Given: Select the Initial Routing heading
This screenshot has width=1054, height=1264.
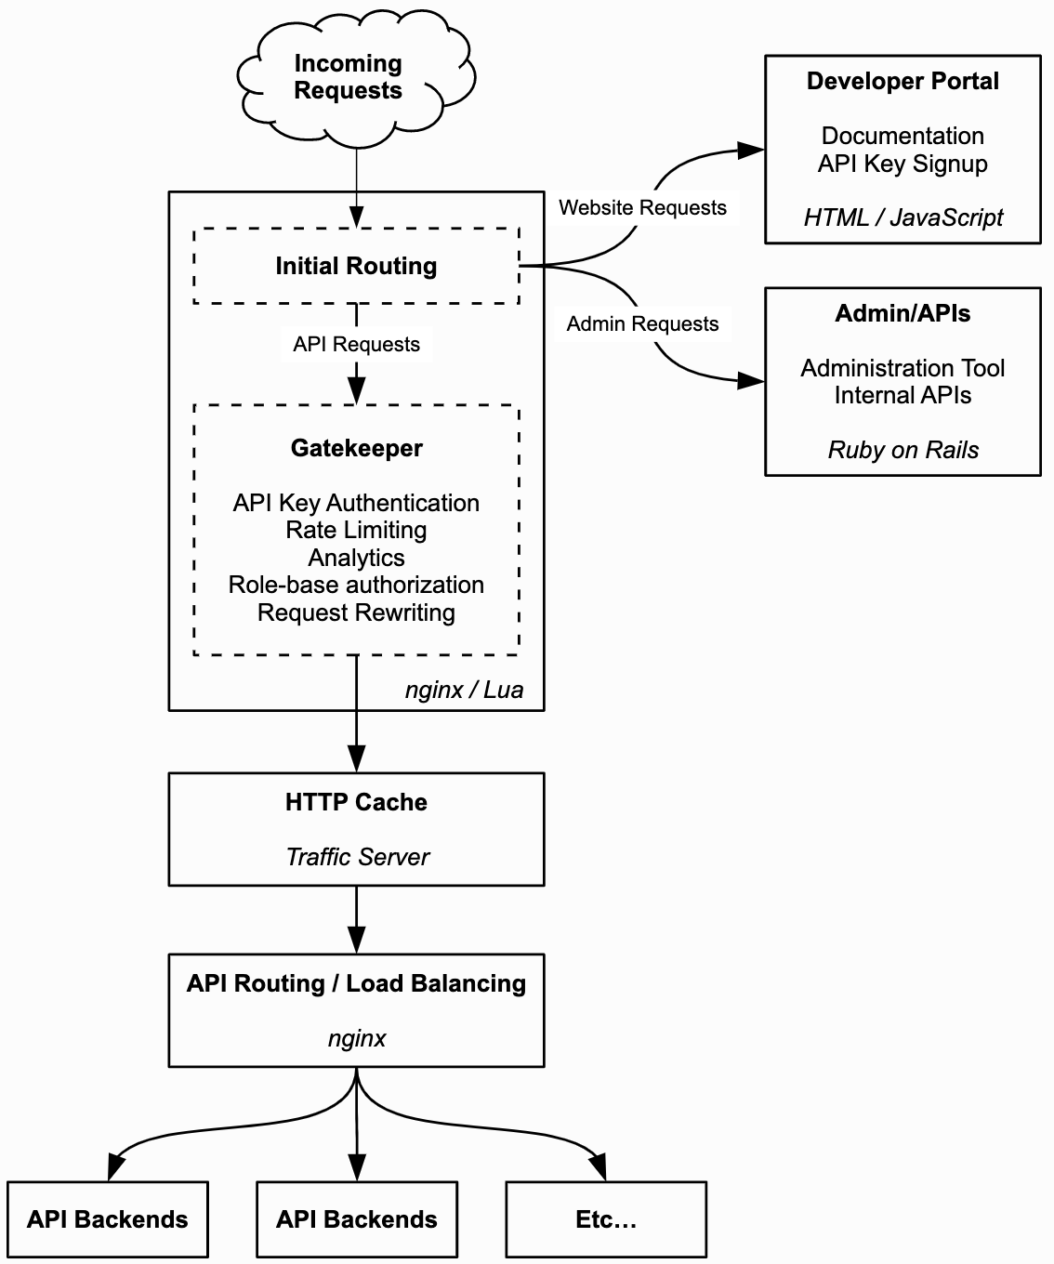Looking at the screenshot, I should (x=356, y=266).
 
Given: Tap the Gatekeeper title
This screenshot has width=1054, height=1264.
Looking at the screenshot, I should (x=356, y=448).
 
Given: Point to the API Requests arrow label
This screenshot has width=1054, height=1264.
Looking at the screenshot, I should (x=356, y=345).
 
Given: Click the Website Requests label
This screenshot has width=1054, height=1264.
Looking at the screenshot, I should (x=642, y=207).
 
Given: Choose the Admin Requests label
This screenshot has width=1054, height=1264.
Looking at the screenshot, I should (x=642, y=323).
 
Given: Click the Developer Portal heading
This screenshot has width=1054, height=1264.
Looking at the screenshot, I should (x=902, y=82).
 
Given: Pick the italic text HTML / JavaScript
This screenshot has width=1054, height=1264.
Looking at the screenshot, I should (x=902, y=217).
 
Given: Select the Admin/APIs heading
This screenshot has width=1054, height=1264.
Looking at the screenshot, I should (x=902, y=313).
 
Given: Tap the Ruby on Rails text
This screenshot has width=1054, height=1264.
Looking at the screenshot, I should (x=902, y=450).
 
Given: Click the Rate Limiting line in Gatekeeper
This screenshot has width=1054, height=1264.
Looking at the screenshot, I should (x=356, y=530).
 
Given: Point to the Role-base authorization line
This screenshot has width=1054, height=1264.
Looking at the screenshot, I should (x=356, y=585).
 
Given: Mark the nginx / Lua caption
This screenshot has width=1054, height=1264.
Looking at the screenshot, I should (x=464, y=690).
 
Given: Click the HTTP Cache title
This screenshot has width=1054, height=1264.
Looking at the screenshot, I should (x=356, y=802).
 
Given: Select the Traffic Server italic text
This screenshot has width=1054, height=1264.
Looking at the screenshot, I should (x=357, y=857).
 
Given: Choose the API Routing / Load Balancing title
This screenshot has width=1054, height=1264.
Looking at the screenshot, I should (x=356, y=983).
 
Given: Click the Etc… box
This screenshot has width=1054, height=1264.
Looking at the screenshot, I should (x=606, y=1219).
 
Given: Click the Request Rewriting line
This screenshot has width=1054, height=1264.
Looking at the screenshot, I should (x=356, y=612).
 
